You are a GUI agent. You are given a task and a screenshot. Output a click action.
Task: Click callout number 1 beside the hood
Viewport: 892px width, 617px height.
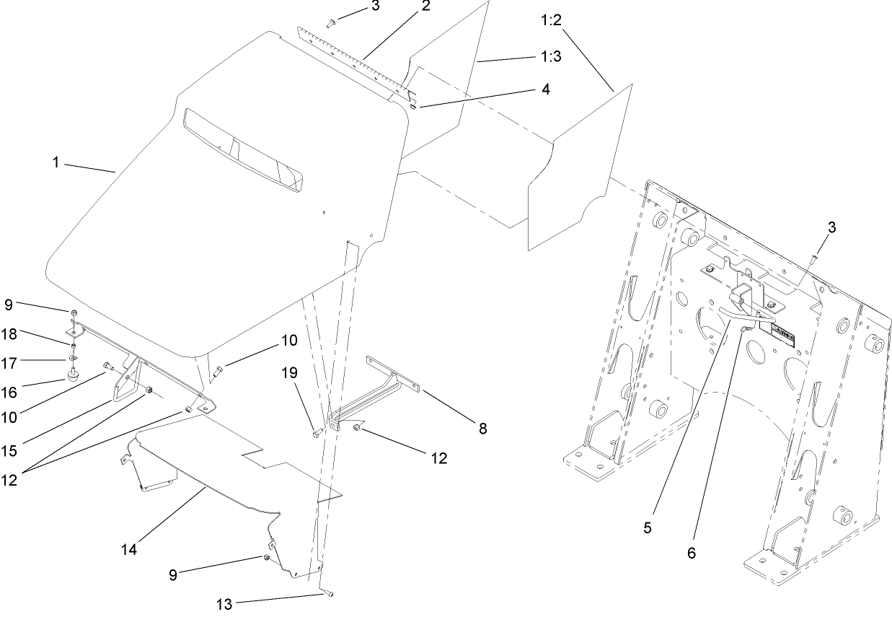(x=55, y=163)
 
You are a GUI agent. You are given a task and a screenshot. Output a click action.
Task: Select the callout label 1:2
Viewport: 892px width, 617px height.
(x=551, y=19)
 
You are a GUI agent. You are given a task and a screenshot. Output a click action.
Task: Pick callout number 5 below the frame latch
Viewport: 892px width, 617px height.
(x=647, y=528)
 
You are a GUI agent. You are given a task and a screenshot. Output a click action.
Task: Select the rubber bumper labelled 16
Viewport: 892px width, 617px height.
(x=72, y=375)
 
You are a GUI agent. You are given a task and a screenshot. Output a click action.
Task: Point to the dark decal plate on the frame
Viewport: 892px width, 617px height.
(x=782, y=338)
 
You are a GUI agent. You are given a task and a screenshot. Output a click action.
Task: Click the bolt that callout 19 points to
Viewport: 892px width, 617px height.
(x=318, y=433)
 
